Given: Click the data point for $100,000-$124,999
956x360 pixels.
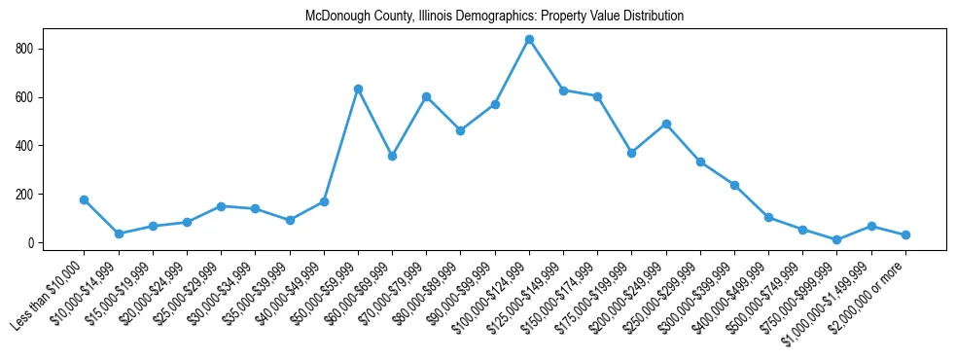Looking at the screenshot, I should pyautogui.click(x=529, y=40).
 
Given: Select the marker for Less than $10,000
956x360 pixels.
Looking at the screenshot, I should pyautogui.click(x=85, y=199).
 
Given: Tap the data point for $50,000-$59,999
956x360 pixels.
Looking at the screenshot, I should pyautogui.click(x=358, y=89).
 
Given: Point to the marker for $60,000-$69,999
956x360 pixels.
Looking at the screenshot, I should pyautogui.click(x=392, y=156).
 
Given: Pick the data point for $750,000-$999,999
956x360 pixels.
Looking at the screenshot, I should pyautogui.click(x=837, y=239).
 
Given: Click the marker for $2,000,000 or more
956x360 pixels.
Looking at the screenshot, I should pyautogui.click(x=905, y=234).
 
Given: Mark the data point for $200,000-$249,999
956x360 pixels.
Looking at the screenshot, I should pyautogui.click(x=666, y=124).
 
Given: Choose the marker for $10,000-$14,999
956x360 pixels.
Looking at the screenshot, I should pyautogui.click(x=119, y=234).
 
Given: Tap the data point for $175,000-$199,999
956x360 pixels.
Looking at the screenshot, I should pyautogui.click(x=632, y=153).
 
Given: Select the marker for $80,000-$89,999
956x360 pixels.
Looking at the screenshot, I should pyautogui.click(x=461, y=130).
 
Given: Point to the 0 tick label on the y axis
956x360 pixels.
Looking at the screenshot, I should pyautogui.click(x=33, y=243).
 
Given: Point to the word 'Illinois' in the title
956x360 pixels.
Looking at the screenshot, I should pyautogui.click(x=424, y=17).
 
